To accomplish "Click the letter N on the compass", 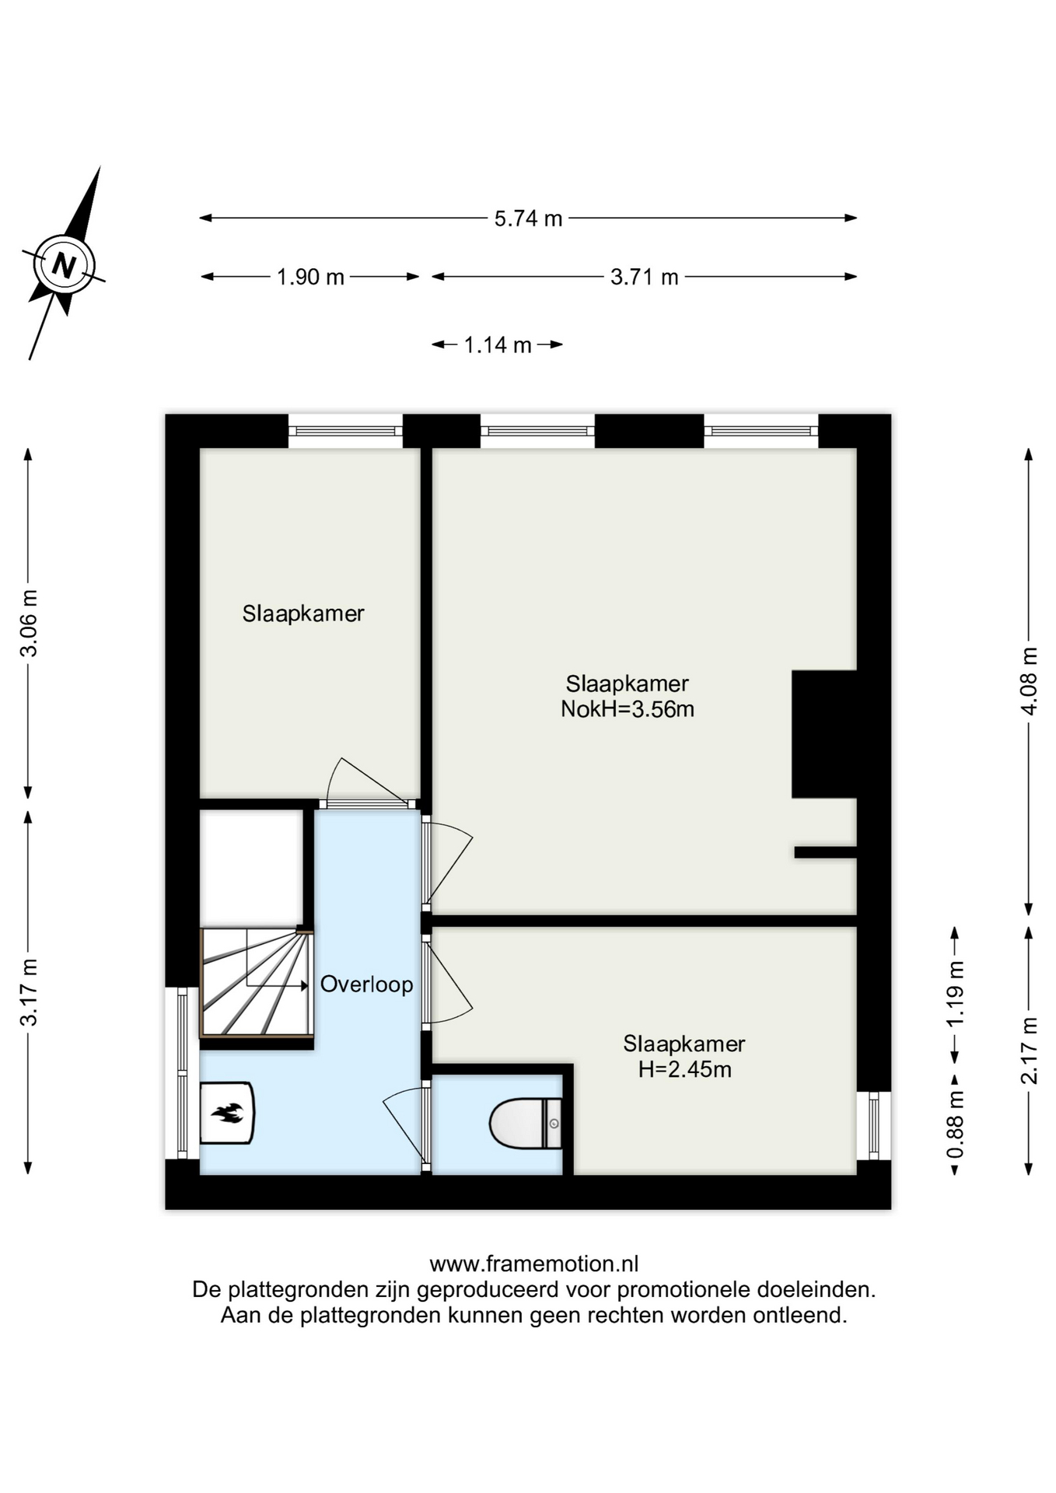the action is point(64,266).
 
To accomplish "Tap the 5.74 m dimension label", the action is point(528,219).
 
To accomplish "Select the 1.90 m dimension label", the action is point(310,277).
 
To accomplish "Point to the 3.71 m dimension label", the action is point(644,277).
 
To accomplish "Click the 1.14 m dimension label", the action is point(498,344).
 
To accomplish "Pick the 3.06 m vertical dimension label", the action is point(29,623).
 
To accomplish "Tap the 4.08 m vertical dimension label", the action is point(1029,680).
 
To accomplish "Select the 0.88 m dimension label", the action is point(955,1124).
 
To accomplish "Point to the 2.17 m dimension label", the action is point(1029,1051).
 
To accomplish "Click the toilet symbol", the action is point(525,1124).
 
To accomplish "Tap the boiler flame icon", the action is point(228,1114).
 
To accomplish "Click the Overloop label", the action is point(366,984).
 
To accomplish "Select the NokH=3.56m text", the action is point(628,709).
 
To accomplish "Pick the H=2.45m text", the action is point(684,1070).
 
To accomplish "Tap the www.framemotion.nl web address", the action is point(534,1264).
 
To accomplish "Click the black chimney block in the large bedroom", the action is point(824,734).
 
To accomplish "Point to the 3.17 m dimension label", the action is point(29,991).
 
